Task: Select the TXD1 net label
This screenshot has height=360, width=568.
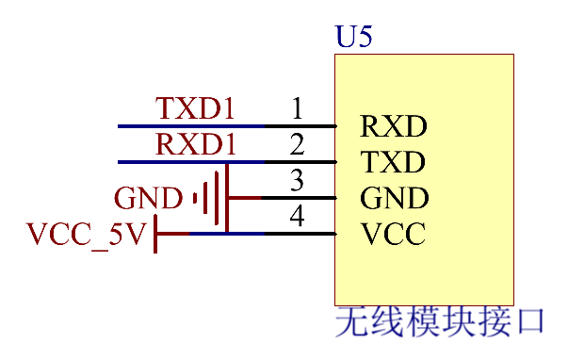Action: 195,109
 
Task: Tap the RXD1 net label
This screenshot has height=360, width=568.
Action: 195,145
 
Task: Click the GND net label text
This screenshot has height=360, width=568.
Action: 148,199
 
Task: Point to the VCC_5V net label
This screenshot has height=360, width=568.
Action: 87,235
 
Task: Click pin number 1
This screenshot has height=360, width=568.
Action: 297,109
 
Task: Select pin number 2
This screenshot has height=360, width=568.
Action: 297,145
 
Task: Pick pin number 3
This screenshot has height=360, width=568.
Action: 297,180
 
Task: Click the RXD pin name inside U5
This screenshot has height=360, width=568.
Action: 394,126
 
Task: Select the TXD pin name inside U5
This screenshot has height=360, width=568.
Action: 394,162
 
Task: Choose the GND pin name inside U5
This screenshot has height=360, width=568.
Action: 395,198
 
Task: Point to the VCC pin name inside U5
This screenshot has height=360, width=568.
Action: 393,234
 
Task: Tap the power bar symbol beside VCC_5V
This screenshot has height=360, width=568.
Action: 155,234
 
